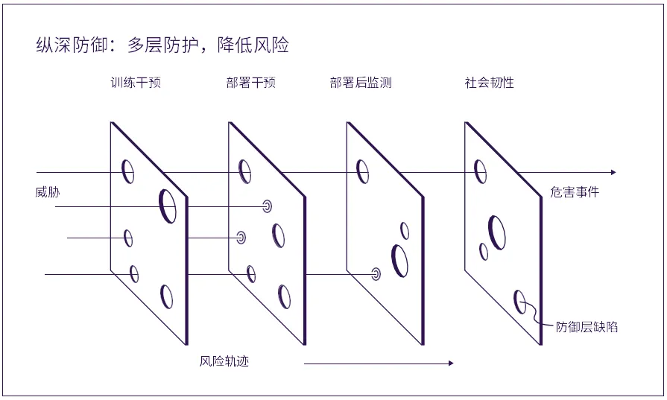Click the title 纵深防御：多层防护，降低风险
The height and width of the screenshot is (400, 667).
pos(162,45)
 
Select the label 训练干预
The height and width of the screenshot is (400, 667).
pos(135,83)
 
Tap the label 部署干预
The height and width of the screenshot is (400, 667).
pos(251,83)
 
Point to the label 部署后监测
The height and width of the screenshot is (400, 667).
pos(361,83)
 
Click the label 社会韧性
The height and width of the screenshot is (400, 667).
pos(490,83)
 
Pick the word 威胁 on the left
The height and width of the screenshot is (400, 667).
pos(48,192)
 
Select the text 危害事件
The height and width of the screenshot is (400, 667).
pos(575,192)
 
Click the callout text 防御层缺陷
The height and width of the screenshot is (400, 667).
pos(587,326)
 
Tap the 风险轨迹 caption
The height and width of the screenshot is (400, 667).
pos(224,361)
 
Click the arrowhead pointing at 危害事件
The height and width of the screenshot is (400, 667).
pos(613,172)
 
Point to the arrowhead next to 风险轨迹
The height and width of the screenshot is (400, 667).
pos(449,364)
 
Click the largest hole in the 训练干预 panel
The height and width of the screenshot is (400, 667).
pos(168,205)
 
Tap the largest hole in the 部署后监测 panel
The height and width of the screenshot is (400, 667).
pos(400,260)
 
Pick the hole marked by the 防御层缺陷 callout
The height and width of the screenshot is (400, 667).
pos(520,302)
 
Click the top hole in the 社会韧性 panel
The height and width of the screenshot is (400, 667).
pos(481,172)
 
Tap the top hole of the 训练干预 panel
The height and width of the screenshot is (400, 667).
pos(128,171)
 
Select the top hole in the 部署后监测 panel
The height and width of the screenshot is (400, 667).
pos(363,171)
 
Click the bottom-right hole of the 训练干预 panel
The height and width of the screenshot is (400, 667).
pos(167,296)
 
